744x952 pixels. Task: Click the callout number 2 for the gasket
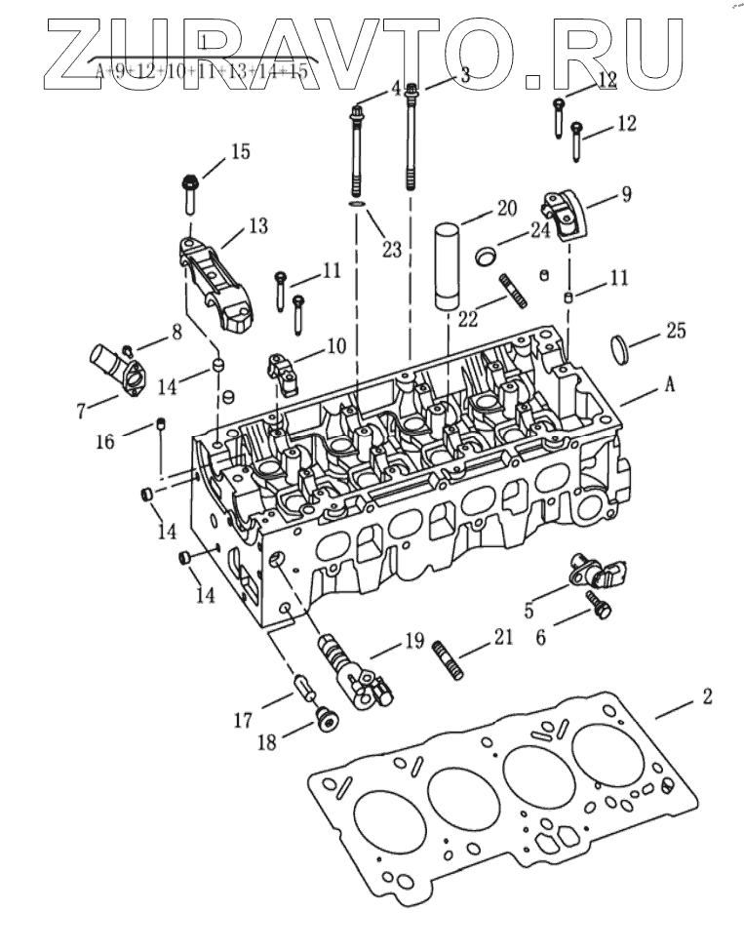coord(707,696)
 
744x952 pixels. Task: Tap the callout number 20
coord(505,208)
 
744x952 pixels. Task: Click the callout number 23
coord(391,249)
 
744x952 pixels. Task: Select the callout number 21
coord(502,638)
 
